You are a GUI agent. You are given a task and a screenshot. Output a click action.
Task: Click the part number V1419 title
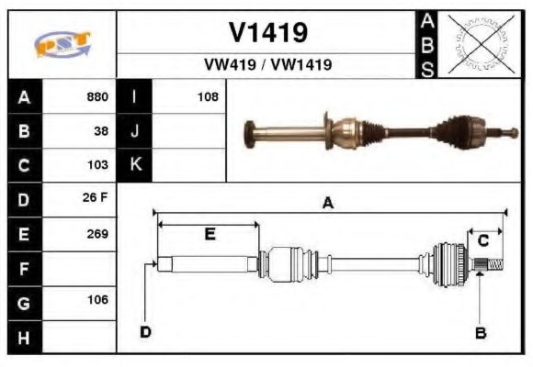click(267, 34)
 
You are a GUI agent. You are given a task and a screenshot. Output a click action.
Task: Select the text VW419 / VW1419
click(267, 65)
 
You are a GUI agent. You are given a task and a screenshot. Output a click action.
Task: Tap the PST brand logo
click(62, 43)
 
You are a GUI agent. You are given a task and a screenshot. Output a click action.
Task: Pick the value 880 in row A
click(97, 96)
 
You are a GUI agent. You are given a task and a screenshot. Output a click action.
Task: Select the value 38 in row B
click(101, 130)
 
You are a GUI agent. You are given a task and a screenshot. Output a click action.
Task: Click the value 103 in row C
click(97, 165)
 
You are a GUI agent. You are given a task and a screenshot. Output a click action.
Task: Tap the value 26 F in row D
click(96, 199)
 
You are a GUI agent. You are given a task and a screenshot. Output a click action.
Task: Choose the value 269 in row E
click(97, 233)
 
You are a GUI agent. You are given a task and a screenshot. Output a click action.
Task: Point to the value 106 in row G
click(97, 300)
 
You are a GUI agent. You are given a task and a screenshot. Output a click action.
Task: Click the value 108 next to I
click(208, 96)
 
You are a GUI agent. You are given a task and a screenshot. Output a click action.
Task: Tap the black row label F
click(23, 268)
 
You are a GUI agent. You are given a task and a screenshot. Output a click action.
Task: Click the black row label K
click(134, 165)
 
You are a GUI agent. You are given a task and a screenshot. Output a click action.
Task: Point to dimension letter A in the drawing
click(327, 204)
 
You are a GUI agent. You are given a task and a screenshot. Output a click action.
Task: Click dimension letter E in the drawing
click(210, 235)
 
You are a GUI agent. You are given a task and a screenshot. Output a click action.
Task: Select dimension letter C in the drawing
click(482, 239)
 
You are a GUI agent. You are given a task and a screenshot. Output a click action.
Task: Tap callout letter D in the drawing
click(145, 331)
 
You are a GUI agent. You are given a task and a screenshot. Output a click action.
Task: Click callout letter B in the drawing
click(480, 333)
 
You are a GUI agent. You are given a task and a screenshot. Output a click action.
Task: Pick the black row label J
click(134, 130)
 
